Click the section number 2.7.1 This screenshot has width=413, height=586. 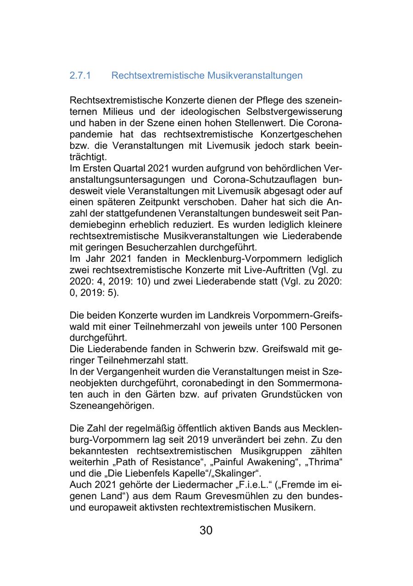(80, 75)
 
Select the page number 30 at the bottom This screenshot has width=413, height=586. (206, 530)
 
